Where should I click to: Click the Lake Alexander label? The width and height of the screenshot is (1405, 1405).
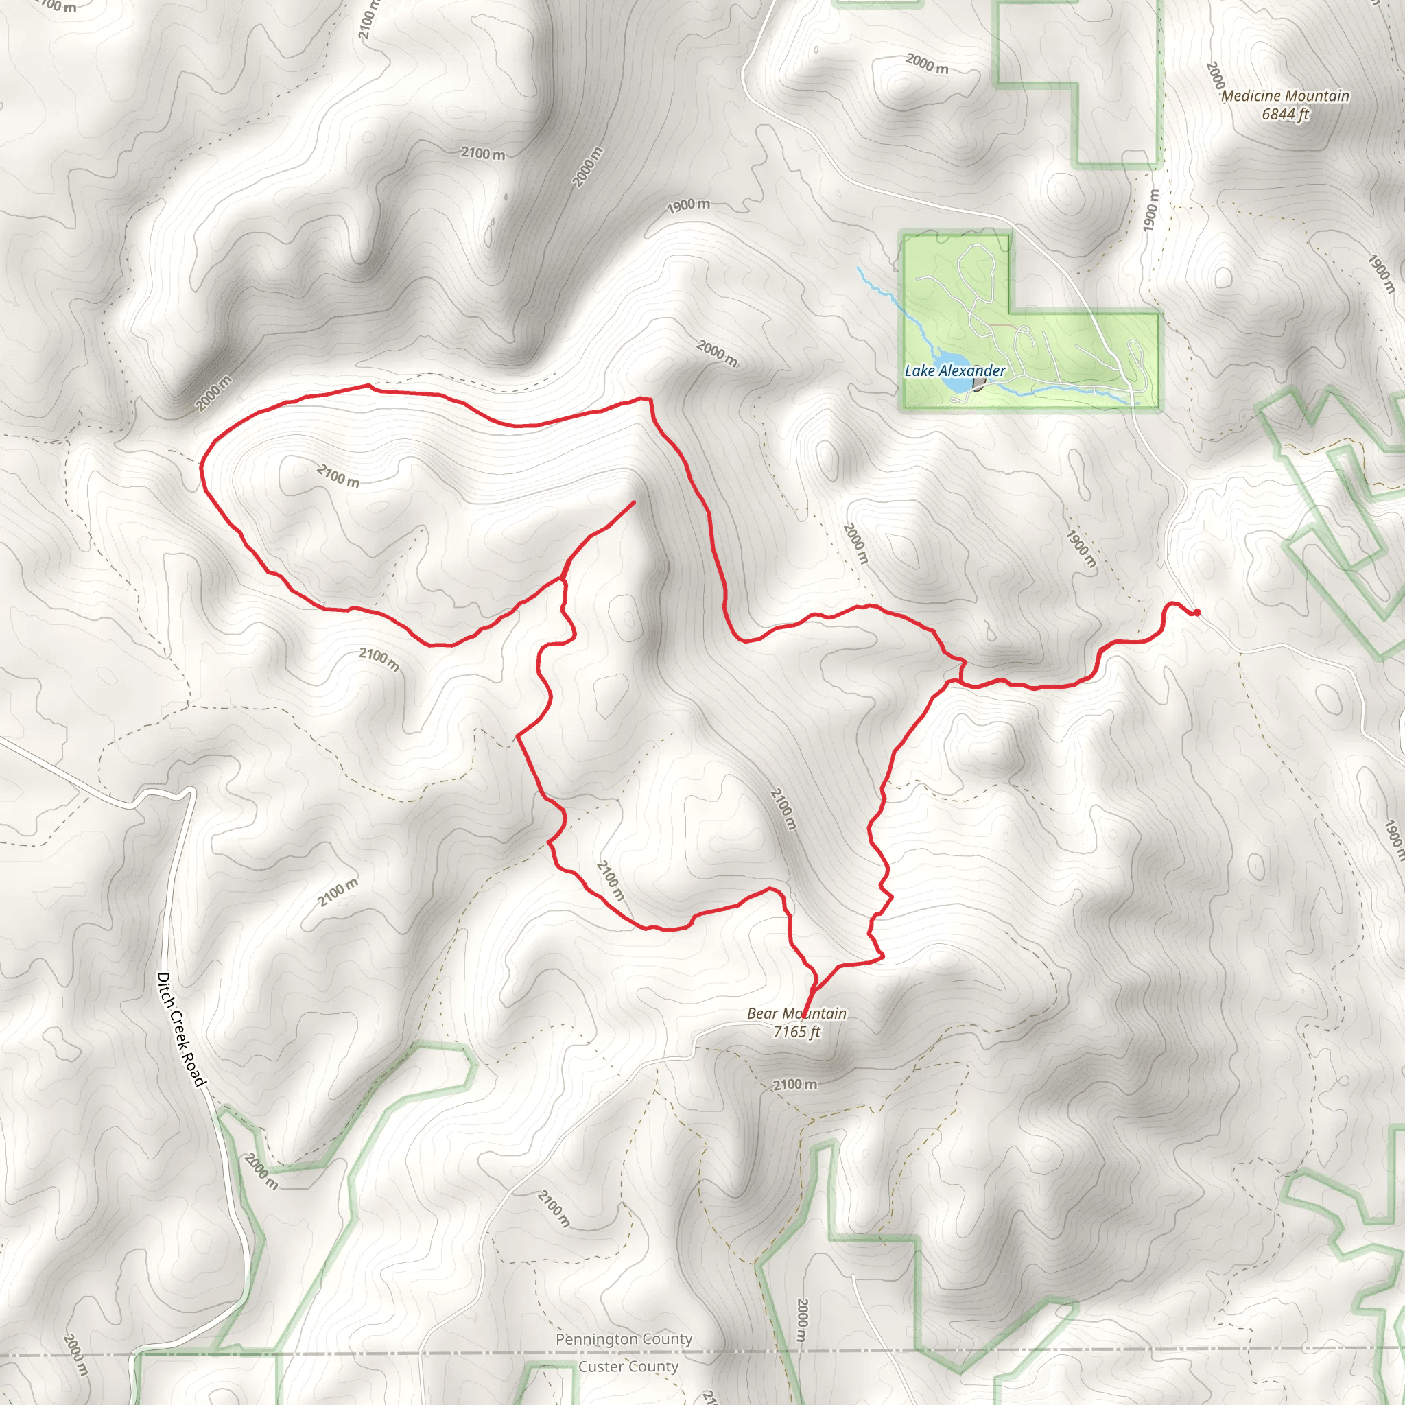click(955, 371)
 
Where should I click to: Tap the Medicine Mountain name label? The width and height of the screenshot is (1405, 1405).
click(1285, 96)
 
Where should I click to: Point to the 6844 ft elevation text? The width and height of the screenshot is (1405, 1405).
click(1285, 114)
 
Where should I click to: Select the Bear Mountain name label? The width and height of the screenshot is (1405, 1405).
click(796, 1013)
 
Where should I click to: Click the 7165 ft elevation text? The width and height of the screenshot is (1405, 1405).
click(796, 1031)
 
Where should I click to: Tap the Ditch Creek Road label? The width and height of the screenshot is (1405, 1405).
click(181, 1029)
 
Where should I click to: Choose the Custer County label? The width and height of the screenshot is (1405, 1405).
click(628, 1367)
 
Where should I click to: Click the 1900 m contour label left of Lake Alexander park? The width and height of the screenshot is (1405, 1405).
click(688, 206)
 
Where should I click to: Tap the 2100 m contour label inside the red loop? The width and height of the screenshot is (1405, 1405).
click(338, 476)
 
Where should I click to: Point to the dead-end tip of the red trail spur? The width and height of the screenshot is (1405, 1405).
click(633, 501)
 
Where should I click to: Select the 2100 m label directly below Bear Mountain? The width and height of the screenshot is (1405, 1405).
click(794, 1085)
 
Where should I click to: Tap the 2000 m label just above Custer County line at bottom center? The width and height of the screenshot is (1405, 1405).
click(801, 1320)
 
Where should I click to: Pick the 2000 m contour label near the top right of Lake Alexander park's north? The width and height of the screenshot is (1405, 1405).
click(926, 64)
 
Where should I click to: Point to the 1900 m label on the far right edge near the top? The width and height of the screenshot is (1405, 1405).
click(1380, 274)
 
